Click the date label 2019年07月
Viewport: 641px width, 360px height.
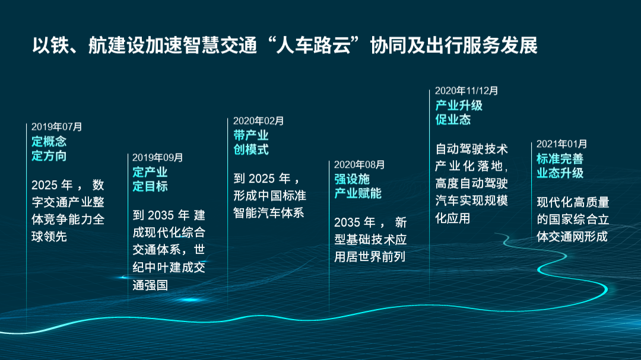point(57,127)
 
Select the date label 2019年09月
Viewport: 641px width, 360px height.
point(158,158)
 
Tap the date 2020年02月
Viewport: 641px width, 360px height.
point(258,121)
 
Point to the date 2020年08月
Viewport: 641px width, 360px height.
point(359,165)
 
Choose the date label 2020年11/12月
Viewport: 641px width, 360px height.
point(467,91)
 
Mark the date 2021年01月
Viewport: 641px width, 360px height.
point(561,144)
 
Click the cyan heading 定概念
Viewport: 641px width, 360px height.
point(49,142)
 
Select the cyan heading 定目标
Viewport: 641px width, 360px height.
point(150,186)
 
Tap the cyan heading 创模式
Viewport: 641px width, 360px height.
point(251,149)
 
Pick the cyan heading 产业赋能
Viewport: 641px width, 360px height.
point(358,193)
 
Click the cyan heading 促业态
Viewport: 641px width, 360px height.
point(453,120)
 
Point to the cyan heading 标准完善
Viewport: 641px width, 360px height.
point(560,158)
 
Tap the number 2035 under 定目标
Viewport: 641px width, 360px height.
point(161,215)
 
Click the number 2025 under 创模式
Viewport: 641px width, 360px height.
point(262,179)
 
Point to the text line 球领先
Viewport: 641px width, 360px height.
point(49,237)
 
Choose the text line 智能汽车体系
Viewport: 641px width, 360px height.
point(269,213)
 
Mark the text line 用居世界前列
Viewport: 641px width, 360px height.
point(370,257)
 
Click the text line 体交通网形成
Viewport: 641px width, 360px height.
point(572,237)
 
